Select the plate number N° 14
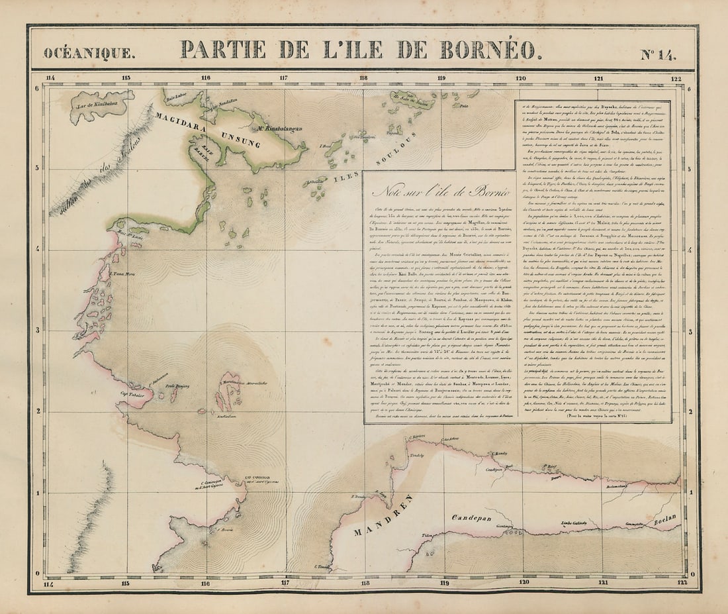(x=658, y=54)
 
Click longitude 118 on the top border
(x=363, y=78)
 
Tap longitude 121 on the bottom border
(x=602, y=583)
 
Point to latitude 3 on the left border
(x=38, y=330)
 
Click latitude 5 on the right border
(x=690, y=168)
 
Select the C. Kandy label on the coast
(x=500, y=454)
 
